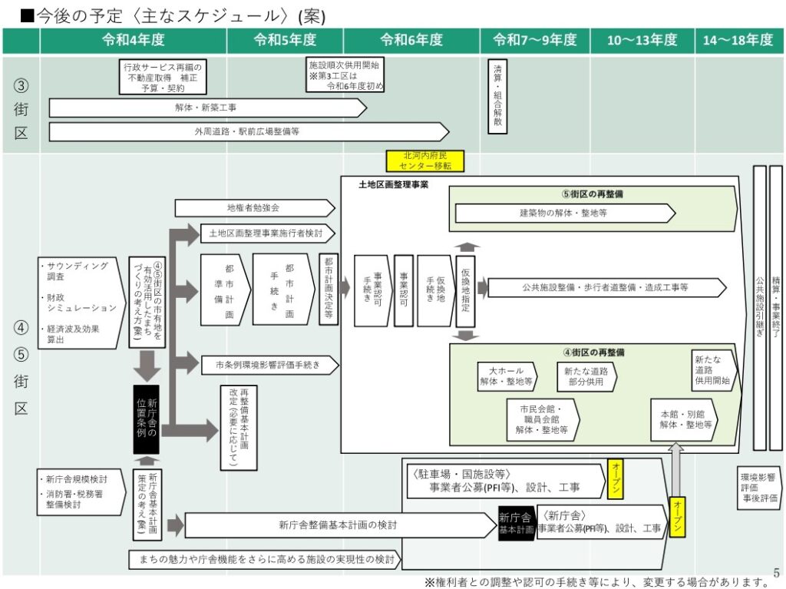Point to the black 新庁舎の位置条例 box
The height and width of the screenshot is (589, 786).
(x=146, y=419)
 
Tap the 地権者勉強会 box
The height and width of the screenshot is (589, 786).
(x=253, y=207)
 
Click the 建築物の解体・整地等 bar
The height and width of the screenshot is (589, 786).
(x=564, y=213)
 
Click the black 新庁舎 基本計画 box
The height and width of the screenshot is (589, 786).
(x=516, y=524)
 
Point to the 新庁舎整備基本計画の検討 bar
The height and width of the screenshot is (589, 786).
(x=338, y=525)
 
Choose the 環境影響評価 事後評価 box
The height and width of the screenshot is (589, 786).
(x=758, y=488)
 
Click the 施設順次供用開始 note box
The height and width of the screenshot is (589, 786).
(x=345, y=75)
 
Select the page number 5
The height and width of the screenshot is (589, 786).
(x=776, y=572)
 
